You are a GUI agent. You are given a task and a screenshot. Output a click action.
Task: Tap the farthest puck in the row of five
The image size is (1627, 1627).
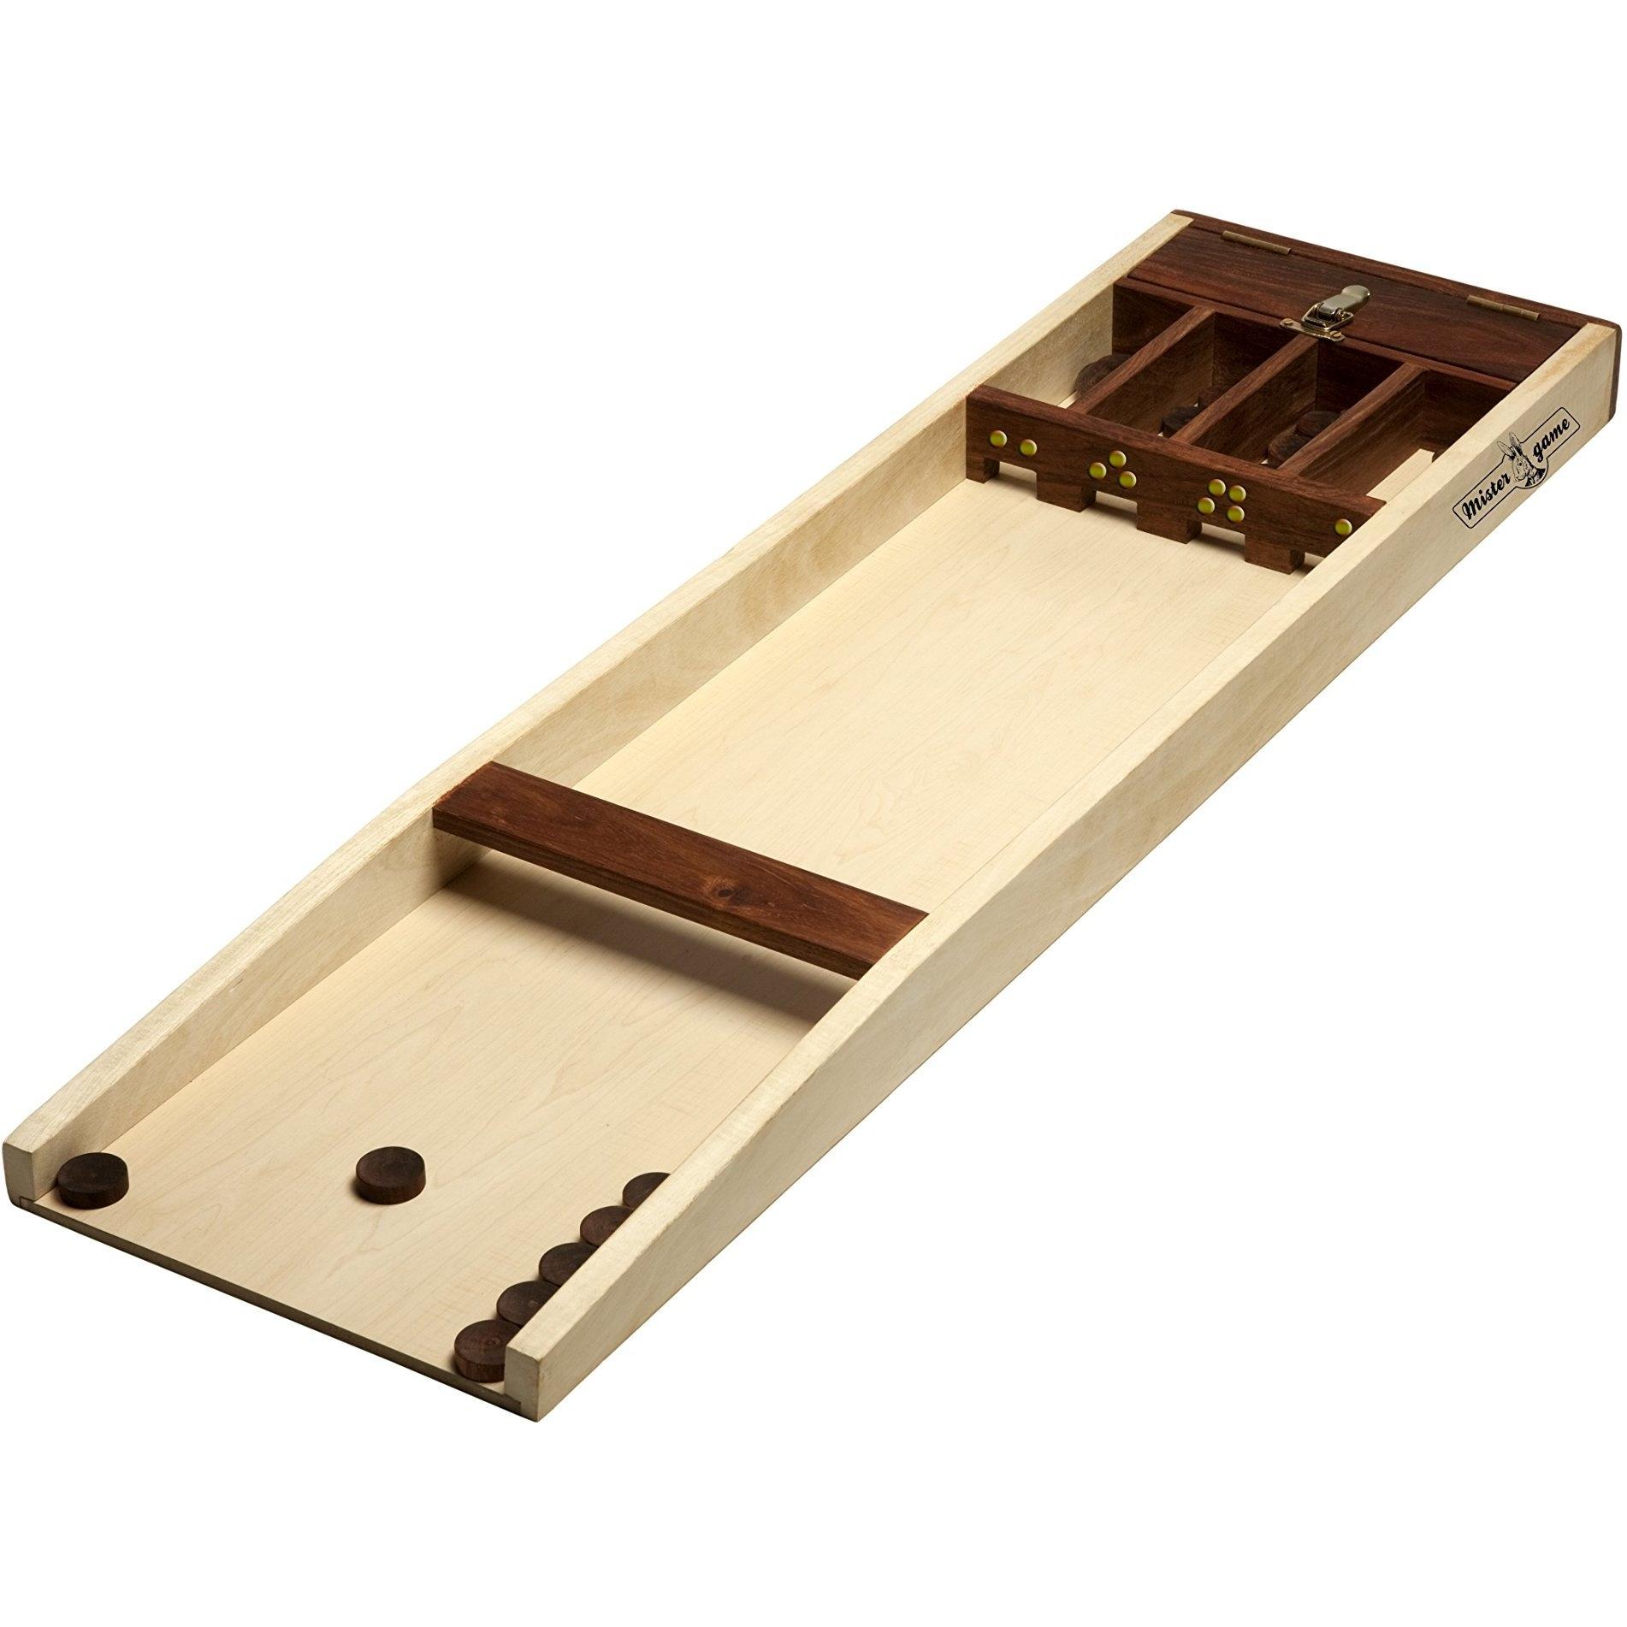point(645,1191)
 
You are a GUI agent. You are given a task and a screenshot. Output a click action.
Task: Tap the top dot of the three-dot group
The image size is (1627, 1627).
point(1116,459)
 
